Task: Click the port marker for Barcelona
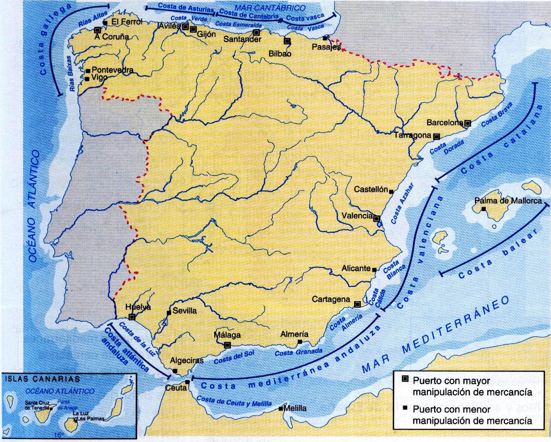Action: tap(467, 123)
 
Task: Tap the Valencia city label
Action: tap(357, 216)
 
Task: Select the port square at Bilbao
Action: tap(287, 41)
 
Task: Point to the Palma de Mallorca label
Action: tap(508, 201)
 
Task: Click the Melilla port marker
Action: tap(281, 409)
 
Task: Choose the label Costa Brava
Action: tap(497, 115)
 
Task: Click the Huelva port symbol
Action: tap(132, 317)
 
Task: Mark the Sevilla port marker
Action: tap(169, 313)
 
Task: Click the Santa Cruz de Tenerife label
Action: tap(37, 405)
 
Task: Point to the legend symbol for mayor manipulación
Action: tap(405, 379)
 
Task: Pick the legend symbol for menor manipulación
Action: tap(405, 408)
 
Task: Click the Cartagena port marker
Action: tap(357, 304)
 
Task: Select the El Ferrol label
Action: tap(126, 22)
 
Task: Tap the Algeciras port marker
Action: tap(175, 371)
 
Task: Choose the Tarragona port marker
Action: tap(436, 137)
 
